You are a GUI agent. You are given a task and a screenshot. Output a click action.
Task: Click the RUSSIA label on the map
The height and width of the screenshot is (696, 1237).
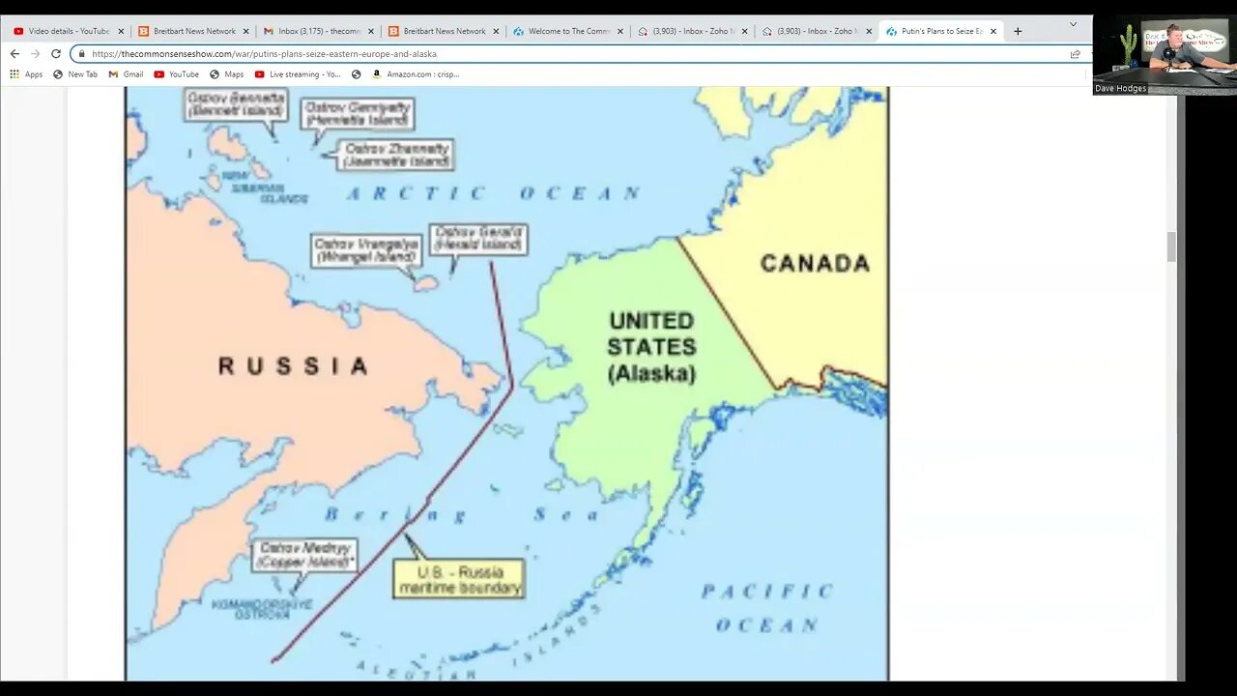click(x=293, y=366)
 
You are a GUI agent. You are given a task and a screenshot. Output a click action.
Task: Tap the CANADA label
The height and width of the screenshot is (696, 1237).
click(x=815, y=263)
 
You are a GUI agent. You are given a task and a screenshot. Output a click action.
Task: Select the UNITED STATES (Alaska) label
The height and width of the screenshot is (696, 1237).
click(x=651, y=346)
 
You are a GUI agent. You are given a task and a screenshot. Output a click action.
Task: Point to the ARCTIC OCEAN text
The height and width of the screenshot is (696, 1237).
click(x=494, y=193)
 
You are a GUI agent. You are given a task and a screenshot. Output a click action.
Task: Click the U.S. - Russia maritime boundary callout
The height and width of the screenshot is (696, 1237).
click(x=459, y=579)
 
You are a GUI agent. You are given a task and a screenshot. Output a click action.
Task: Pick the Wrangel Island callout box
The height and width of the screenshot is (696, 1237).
click(x=366, y=250)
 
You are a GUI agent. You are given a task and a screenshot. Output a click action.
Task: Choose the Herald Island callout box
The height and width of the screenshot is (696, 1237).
click(x=478, y=239)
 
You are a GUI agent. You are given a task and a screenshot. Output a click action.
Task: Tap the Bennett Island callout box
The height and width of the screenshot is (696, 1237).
click(x=236, y=103)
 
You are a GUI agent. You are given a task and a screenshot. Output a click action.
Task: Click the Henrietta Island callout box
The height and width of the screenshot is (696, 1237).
click(x=357, y=113)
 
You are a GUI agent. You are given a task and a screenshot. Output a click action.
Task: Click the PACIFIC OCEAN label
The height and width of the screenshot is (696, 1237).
click(x=767, y=607)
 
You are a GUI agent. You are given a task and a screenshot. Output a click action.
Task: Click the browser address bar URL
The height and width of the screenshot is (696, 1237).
click(x=264, y=54)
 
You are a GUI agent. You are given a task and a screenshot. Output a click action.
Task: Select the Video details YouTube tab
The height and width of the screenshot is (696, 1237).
click(x=68, y=31)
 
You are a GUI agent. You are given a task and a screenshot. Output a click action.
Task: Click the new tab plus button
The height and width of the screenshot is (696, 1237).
click(x=1018, y=31)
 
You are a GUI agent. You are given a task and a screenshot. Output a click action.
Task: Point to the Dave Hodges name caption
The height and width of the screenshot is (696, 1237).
click(x=1120, y=88)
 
